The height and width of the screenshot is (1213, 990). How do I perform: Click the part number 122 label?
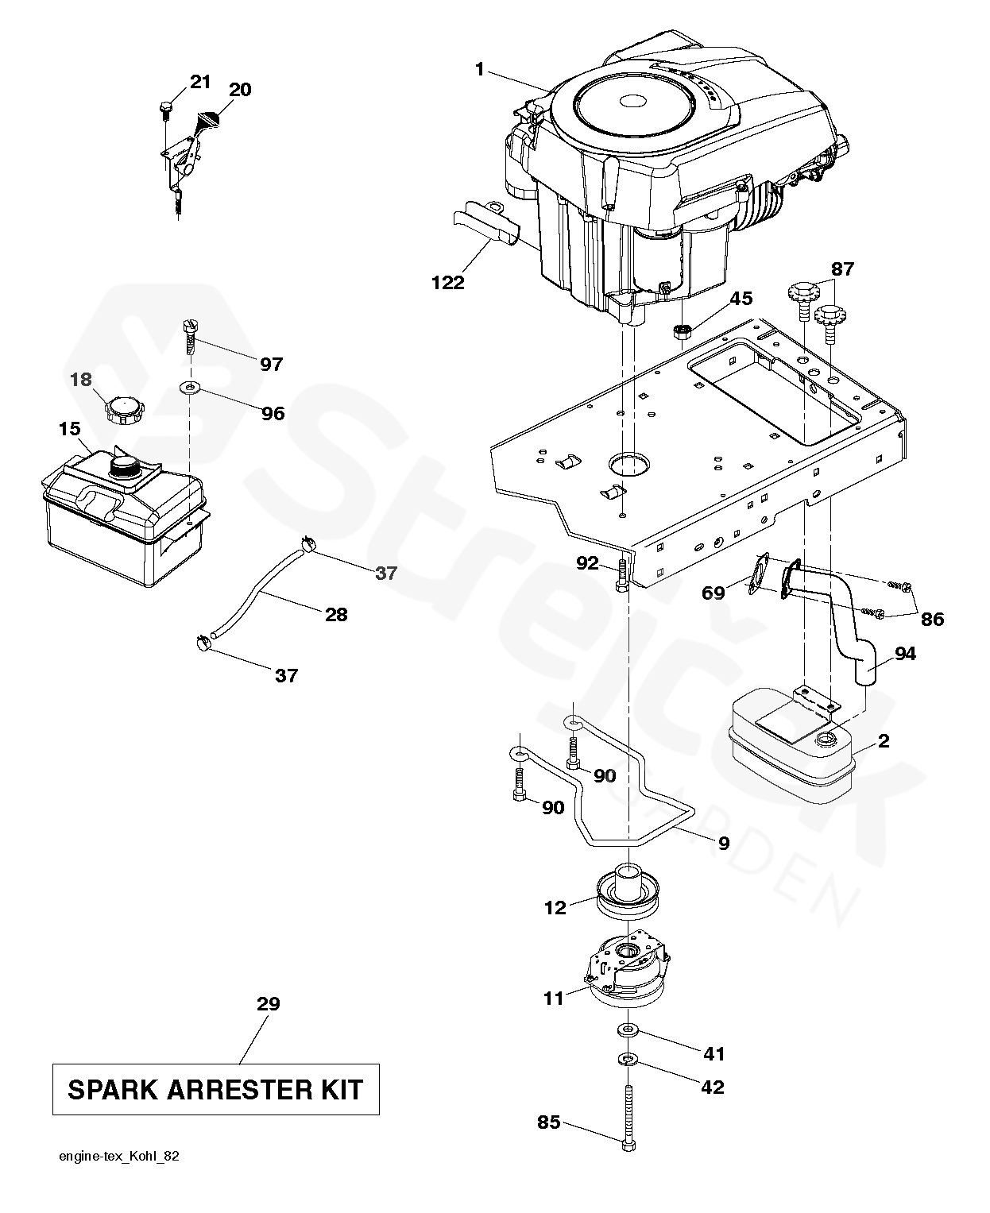coord(448,282)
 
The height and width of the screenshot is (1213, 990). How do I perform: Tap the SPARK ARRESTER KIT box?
coord(215,1089)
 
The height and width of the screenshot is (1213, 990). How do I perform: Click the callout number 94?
coord(905,654)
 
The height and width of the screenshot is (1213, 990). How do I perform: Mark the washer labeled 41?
coord(628,1030)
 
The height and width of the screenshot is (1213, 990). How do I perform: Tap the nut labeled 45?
coord(681,330)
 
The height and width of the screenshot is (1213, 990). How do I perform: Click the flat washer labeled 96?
coord(191,388)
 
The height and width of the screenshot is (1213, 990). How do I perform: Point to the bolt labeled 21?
coord(165,108)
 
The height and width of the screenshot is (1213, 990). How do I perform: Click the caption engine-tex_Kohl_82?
coord(119,1157)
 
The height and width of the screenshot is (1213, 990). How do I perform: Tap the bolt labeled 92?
coord(622,574)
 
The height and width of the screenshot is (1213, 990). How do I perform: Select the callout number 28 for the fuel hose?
coord(336,614)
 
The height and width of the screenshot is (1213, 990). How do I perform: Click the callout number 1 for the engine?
coord(479,70)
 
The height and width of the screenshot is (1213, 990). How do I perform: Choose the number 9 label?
coord(723,844)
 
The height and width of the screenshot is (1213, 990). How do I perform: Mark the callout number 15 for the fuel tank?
coord(69,429)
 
